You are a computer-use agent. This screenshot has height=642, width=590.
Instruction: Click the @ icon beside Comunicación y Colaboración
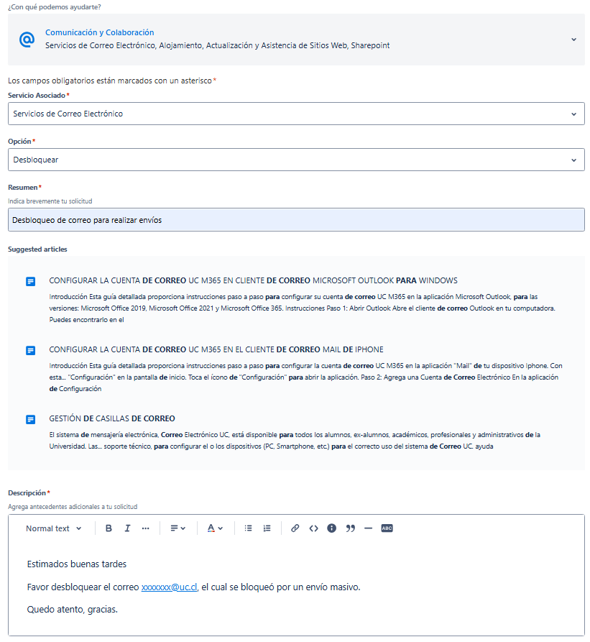click(27, 40)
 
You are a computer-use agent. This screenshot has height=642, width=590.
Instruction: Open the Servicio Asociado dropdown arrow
click(573, 114)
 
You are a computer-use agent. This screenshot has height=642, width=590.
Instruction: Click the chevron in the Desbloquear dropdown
click(573, 160)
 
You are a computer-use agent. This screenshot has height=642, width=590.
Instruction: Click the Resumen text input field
click(296, 220)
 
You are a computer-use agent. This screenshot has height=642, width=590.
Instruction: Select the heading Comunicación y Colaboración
click(99, 32)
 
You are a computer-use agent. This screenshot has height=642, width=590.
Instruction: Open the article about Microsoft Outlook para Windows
click(253, 280)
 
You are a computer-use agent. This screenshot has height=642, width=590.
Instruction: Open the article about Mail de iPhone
click(216, 349)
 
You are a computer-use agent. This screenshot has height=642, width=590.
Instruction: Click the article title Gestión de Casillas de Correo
click(111, 418)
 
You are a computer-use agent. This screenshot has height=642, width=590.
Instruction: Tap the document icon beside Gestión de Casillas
click(30, 419)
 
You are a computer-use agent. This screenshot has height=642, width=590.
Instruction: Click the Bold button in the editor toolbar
click(109, 528)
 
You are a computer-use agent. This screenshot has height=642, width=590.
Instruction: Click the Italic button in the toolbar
click(127, 528)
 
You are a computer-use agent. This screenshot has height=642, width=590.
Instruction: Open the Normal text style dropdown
click(54, 528)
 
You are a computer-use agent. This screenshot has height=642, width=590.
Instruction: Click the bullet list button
click(248, 528)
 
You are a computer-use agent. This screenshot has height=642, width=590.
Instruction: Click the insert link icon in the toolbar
click(295, 528)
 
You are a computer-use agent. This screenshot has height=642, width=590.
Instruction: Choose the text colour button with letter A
click(215, 528)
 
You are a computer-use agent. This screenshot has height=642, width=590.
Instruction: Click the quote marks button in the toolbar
click(351, 528)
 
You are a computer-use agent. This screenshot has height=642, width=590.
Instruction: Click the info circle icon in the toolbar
click(331, 528)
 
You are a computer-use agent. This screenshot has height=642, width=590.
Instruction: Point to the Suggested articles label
click(37, 249)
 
